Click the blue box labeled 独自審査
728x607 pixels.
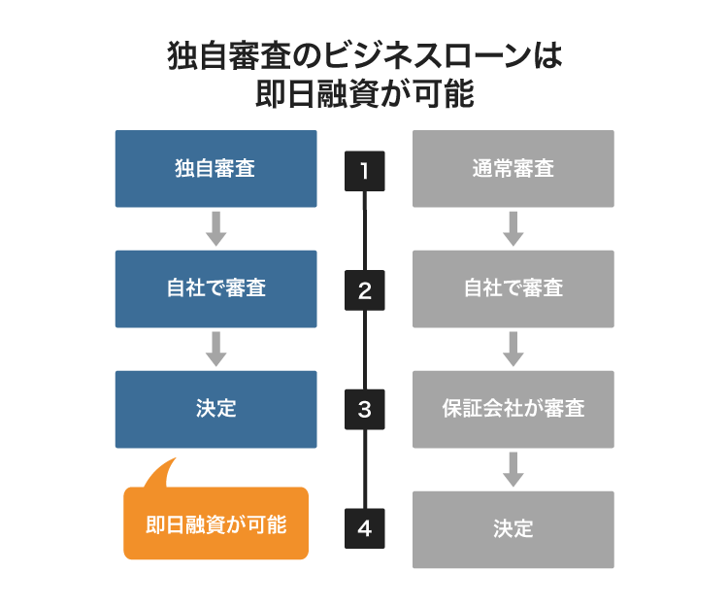coord(215,169)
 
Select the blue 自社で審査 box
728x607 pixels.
coord(215,288)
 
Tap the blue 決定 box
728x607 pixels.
coord(215,409)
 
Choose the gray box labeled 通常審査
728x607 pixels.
coord(513,169)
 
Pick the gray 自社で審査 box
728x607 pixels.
coord(513,288)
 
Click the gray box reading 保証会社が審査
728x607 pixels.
coord(513,409)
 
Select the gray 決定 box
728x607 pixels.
coord(513,529)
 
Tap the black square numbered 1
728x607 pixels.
coord(365,171)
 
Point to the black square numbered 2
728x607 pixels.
coord(365,290)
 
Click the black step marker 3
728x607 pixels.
coord(365,409)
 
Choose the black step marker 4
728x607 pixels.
coord(365,528)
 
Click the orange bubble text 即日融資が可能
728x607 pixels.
coord(215,524)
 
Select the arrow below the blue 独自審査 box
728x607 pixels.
coord(216,228)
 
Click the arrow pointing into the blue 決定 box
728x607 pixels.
coord(216,349)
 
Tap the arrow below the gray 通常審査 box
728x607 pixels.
coord(513,228)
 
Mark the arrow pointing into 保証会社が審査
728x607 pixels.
coord(513,349)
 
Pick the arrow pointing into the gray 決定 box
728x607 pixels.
coord(513,469)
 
